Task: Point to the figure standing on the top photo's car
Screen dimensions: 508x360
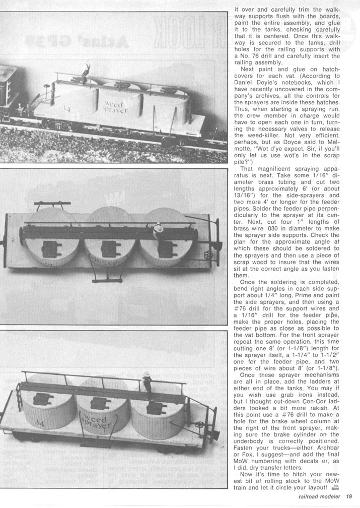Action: pos(87,71)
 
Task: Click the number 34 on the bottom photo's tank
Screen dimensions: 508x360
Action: pos(39,424)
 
